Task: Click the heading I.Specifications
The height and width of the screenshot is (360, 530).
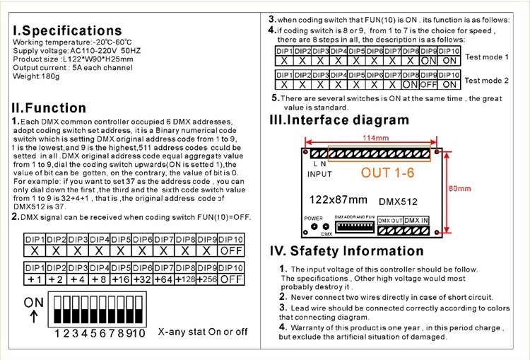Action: (x=68, y=30)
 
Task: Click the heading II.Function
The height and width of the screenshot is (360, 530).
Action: (x=49, y=108)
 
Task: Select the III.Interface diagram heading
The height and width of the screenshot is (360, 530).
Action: (x=339, y=120)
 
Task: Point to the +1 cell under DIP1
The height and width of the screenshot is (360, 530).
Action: (x=35, y=279)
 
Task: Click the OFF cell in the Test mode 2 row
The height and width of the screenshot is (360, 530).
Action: (x=428, y=85)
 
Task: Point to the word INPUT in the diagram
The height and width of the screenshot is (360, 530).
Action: (x=320, y=173)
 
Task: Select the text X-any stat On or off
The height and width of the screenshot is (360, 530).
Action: (x=203, y=332)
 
